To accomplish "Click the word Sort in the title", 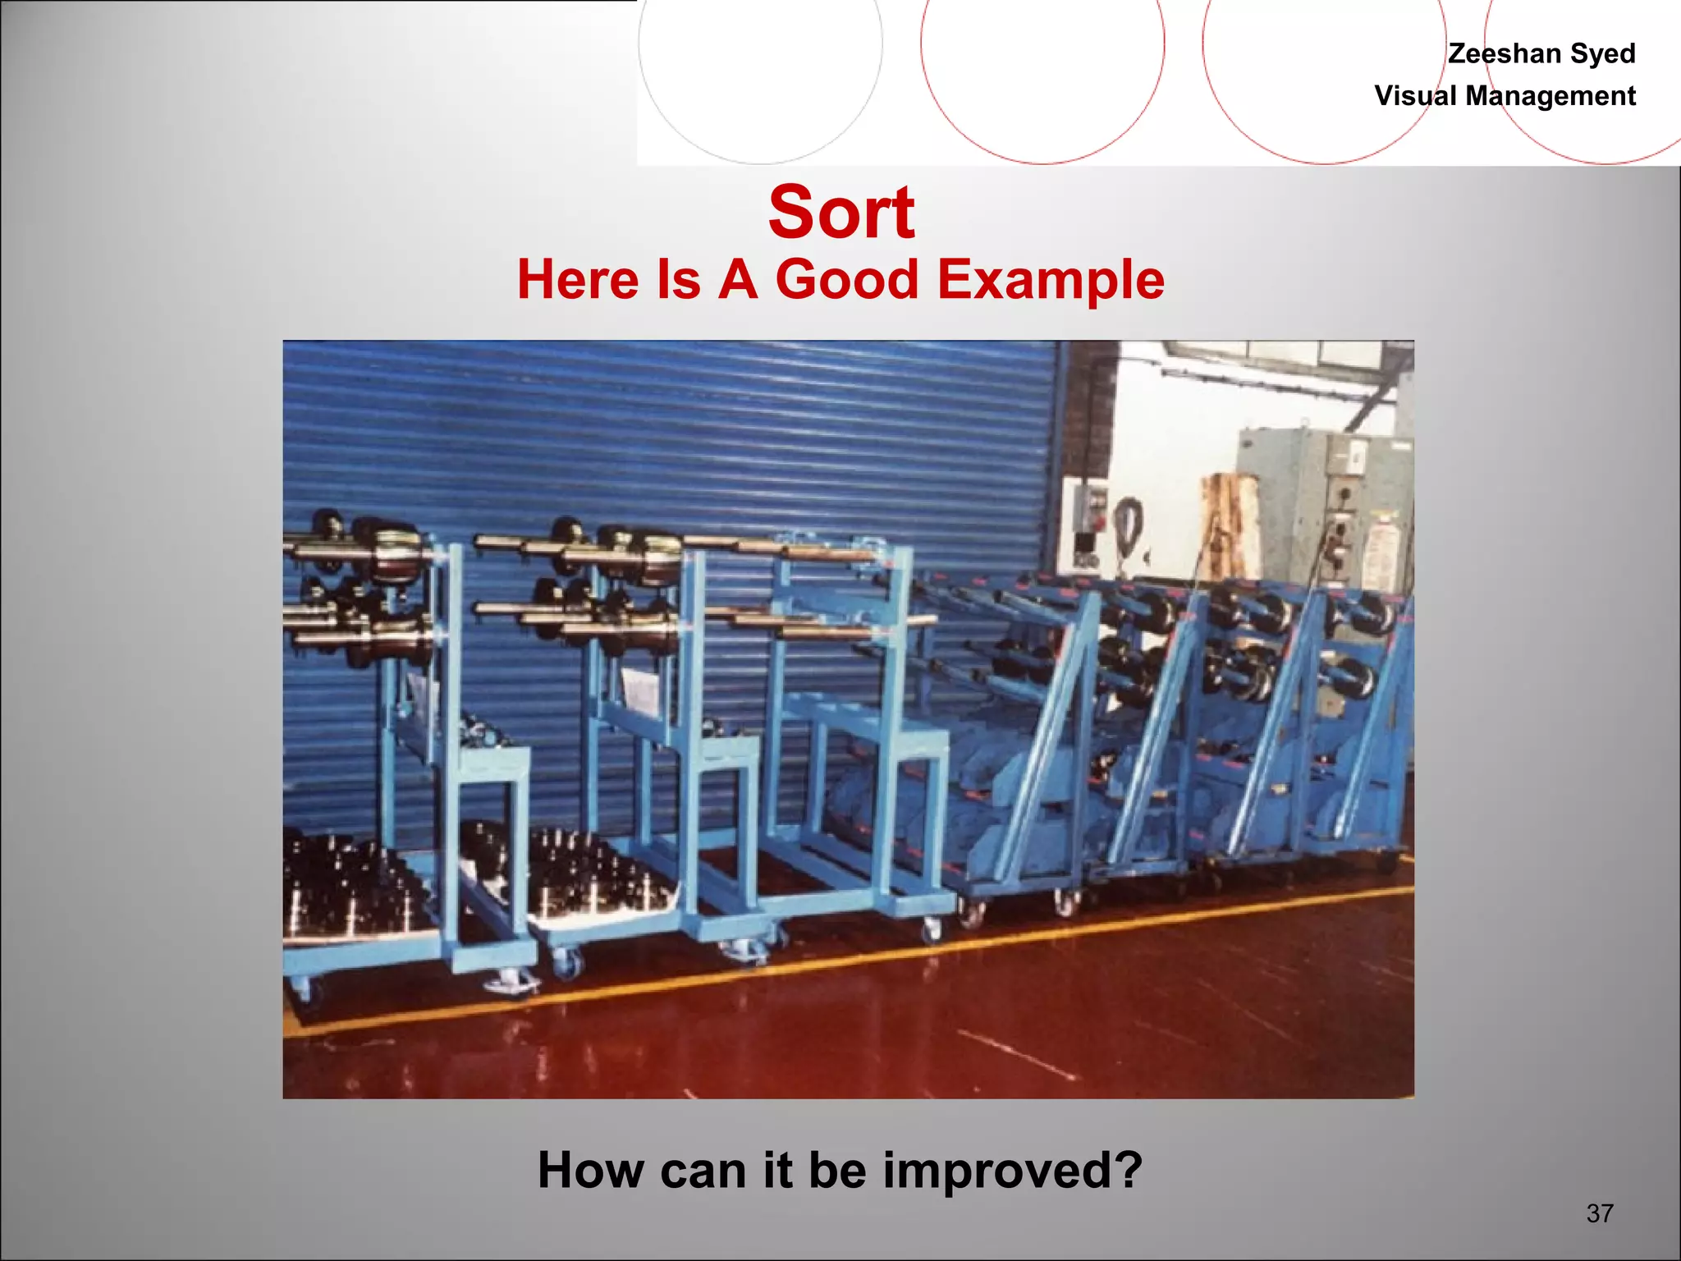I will point(841,213).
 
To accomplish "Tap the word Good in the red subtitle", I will point(846,280).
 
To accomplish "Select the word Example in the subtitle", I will point(1051,280).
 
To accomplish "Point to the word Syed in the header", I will point(1602,53).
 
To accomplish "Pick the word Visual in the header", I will point(1416,96).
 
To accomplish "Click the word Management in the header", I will point(1550,96).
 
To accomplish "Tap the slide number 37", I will point(1600,1213).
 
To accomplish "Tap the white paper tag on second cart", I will point(640,690).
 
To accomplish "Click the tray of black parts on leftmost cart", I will point(353,887).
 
